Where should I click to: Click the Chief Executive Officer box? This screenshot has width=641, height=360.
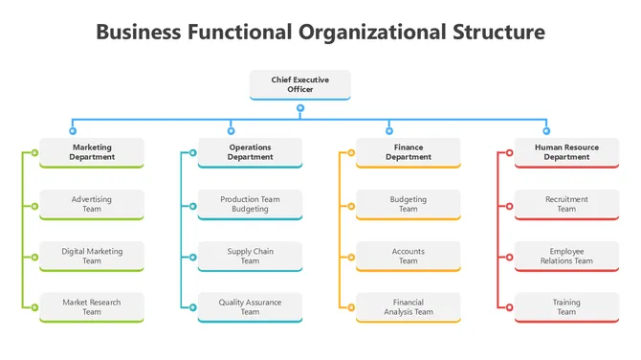tap(299, 84)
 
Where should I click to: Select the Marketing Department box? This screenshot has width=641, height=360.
tap(92, 152)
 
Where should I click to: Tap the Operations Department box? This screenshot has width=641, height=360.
tap(250, 152)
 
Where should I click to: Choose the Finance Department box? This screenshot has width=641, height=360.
tap(409, 152)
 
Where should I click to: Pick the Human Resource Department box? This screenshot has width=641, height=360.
tap(566, 152)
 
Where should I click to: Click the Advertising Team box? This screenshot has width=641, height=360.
tap(92, 204)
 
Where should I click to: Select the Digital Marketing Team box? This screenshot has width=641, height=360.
tap(92, 256)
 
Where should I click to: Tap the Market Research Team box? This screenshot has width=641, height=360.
tap(92, 307)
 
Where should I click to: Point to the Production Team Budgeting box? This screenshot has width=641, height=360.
tap(250, 204)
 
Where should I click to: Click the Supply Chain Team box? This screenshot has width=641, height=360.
tap(250, 256)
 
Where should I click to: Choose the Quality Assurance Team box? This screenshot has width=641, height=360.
tap(250, 307)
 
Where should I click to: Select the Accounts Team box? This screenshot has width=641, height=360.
tap(409, 256)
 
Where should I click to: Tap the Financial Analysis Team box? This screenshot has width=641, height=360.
tap(409, 307)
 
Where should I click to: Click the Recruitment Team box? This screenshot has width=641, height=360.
tap(566, 204)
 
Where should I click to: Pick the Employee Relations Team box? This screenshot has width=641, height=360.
tap(566, 256)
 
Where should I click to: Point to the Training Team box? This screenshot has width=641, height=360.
tap(566, 307)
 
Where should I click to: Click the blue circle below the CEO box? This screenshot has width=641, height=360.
tap(300, 107)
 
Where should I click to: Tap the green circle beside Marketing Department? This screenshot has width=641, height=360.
tap(34, 152)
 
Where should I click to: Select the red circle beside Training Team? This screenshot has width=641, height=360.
tap(509, 307)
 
